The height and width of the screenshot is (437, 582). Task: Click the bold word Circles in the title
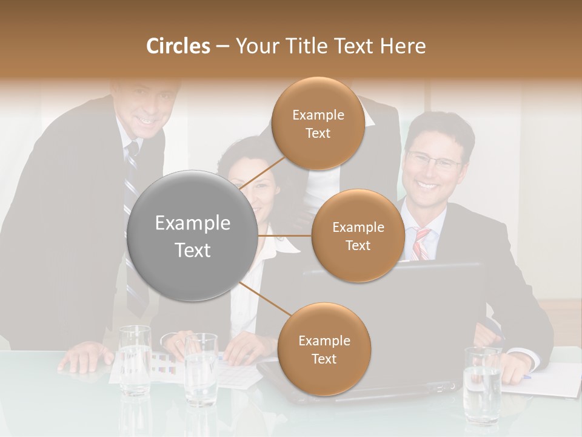pos(178,46)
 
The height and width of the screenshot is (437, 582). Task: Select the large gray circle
pos(193,235)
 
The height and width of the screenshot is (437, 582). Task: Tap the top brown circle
pos(318,124)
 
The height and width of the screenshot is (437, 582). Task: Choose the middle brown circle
pos(358,236)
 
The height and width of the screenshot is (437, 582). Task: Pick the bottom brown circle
pos(324,350)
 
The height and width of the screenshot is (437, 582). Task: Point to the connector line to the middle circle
pos(285,235)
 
